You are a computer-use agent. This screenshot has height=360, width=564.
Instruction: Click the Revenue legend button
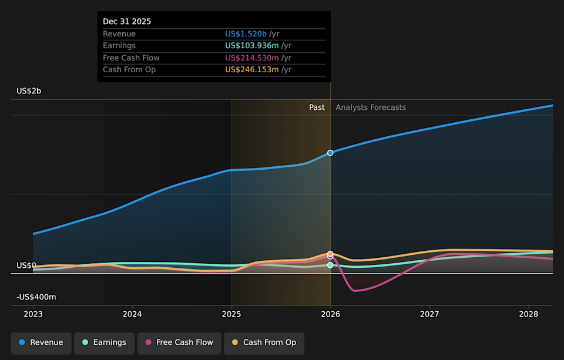click(x=41, y=343)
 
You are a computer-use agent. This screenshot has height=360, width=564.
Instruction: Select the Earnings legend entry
click(x=104, y=343)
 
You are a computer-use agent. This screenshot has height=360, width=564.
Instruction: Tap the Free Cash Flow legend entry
click(x=179, y=343)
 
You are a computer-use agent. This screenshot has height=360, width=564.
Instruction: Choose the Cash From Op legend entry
click(x=264, y=343)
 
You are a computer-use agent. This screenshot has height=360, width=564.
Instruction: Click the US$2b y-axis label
click(x=29, y=91)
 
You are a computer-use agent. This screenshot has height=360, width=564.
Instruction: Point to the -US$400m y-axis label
click(x=36, y=297)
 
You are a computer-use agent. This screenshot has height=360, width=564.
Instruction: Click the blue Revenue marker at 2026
click(x=330, y=153)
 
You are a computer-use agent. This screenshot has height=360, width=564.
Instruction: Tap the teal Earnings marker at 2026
click(x=330, y=265)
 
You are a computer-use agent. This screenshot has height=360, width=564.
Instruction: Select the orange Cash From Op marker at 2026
click(x=330, y=254)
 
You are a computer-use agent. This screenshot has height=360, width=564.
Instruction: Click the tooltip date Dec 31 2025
click(x=127, y=22)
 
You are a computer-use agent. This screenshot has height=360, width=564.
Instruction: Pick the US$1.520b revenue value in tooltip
click(x=246, y=34)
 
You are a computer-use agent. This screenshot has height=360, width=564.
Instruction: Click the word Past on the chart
click(x=317, y=107)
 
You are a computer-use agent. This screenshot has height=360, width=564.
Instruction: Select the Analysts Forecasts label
click(x=371, y=107)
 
